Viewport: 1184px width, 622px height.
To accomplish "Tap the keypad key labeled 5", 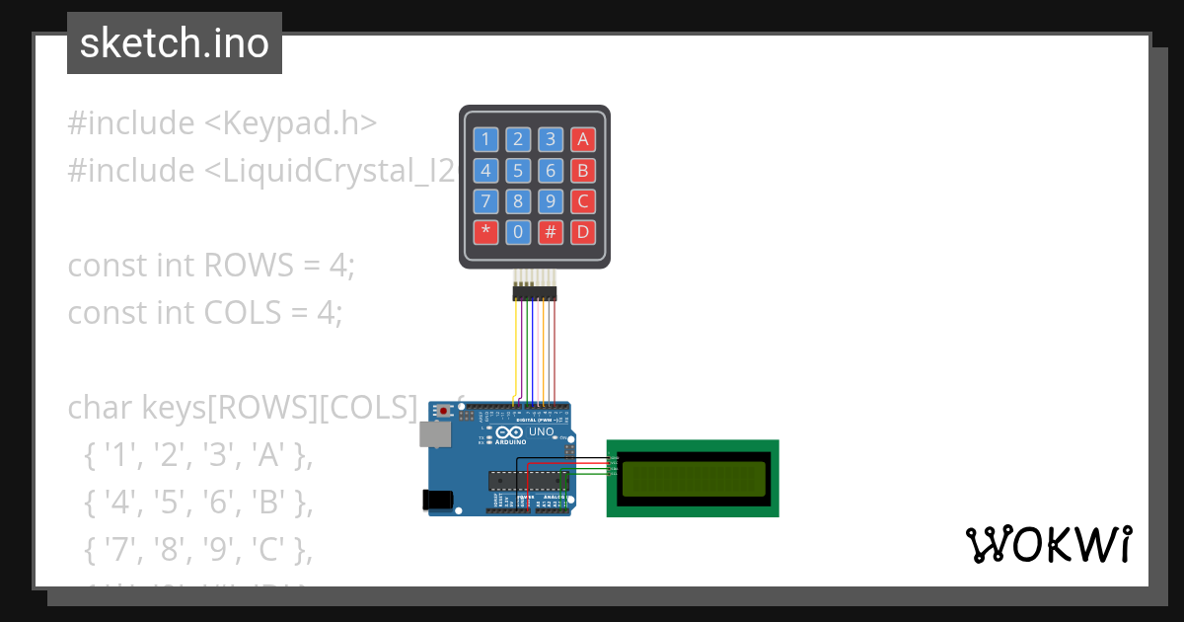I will (518, 171).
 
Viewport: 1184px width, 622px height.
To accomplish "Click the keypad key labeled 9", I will (551, 202).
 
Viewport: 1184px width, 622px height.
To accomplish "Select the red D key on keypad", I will (583, 233).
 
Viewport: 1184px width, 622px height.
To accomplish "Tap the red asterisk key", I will (485, 233).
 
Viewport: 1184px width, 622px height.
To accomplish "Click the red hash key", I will (551, 233).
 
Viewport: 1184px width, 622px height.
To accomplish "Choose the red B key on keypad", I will (583, 171).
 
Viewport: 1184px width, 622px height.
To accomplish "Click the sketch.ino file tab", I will (175, 43).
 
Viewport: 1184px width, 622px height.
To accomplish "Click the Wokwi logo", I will (1048, 544).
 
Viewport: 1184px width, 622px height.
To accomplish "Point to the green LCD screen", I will (693, 479).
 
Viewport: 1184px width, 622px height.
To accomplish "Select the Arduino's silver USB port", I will (434, 434).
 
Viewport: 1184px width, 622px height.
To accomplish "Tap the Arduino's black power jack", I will (437, 500).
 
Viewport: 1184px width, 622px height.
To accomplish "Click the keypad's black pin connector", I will (534, 292).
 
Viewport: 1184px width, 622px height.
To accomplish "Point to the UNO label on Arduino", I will (542, 431).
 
